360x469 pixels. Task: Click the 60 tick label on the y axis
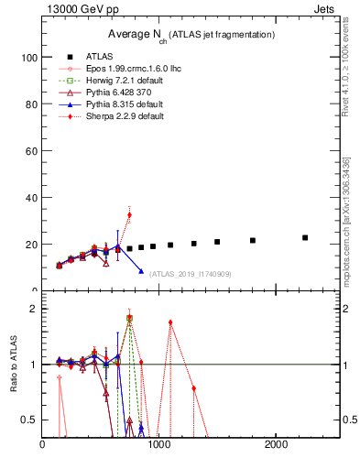pyautogui.click(x=30, y=150)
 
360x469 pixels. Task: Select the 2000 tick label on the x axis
pyautogui.click(x=277, y=446)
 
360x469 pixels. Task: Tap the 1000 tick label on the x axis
pyautogui.click(x=159, y=446)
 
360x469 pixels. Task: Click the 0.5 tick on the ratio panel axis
pyautogui.click(x=28, y=420)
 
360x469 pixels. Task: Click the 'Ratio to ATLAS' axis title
pyautogui.click(x=13, y=366)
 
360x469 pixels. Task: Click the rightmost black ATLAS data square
pyautogui.click(x=305, y=237)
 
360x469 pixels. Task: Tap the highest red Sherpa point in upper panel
pyautogui.click(x=129, y=214)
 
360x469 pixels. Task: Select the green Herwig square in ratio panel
pyautogui.click(x=129, y=318)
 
